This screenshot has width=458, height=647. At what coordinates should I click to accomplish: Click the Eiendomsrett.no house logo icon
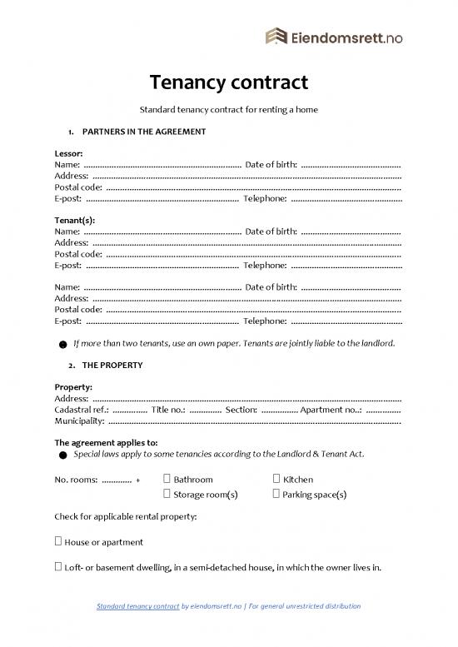275,36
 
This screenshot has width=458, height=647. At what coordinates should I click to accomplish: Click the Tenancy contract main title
229,82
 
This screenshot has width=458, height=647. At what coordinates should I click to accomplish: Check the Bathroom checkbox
167,480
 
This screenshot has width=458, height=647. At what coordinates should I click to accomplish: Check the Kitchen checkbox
276,480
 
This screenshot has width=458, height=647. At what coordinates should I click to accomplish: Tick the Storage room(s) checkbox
167,494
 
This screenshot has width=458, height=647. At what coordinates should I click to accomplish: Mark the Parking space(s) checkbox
276,494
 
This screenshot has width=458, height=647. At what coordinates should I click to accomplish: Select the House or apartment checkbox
57,542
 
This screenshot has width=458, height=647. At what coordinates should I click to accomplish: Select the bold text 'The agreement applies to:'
106,443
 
